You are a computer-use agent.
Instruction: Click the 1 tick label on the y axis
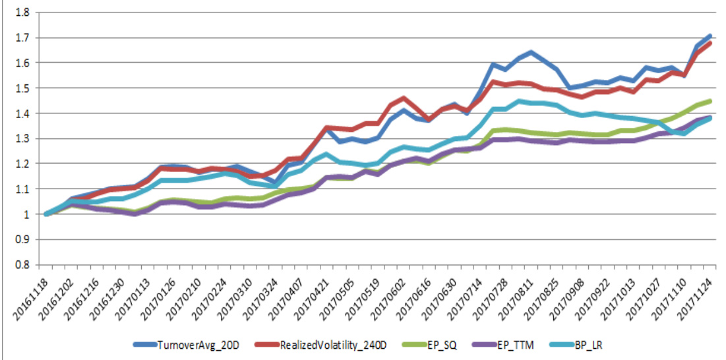click(25, 214)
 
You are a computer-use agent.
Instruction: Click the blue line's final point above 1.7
click(710, 36)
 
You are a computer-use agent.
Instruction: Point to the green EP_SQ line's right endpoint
click(710, 101)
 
